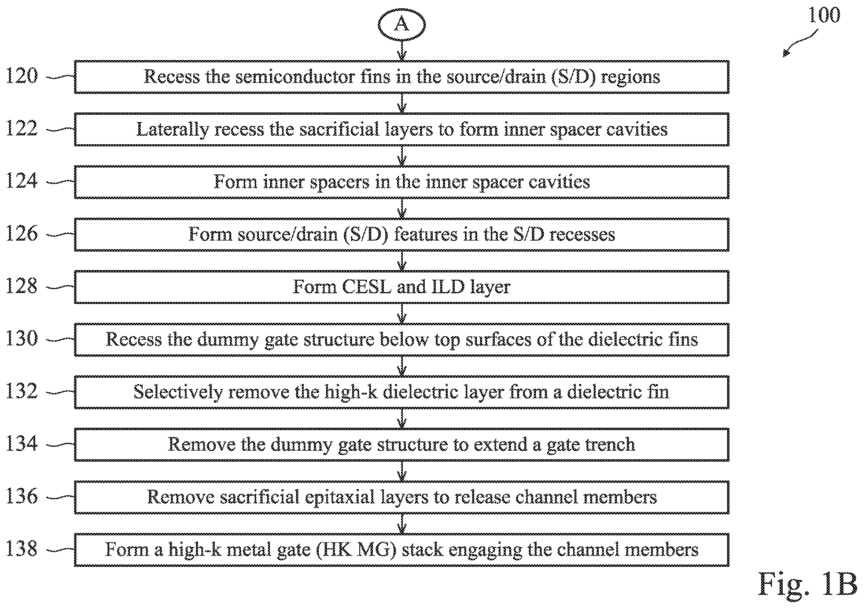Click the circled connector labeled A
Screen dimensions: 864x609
coord(401,25)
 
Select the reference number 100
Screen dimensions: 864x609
coord(824,15)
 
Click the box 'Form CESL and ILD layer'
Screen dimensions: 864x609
coord(401,287)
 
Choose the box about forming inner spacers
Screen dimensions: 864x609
coord(401,182)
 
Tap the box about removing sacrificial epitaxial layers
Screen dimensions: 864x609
coord(401,497)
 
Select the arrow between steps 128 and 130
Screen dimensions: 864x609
coord(402,313)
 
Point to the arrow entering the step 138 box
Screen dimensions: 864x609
coord(402,524)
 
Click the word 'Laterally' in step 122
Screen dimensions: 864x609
coord(172,130)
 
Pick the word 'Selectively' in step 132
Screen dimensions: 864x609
coord(178,392)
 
